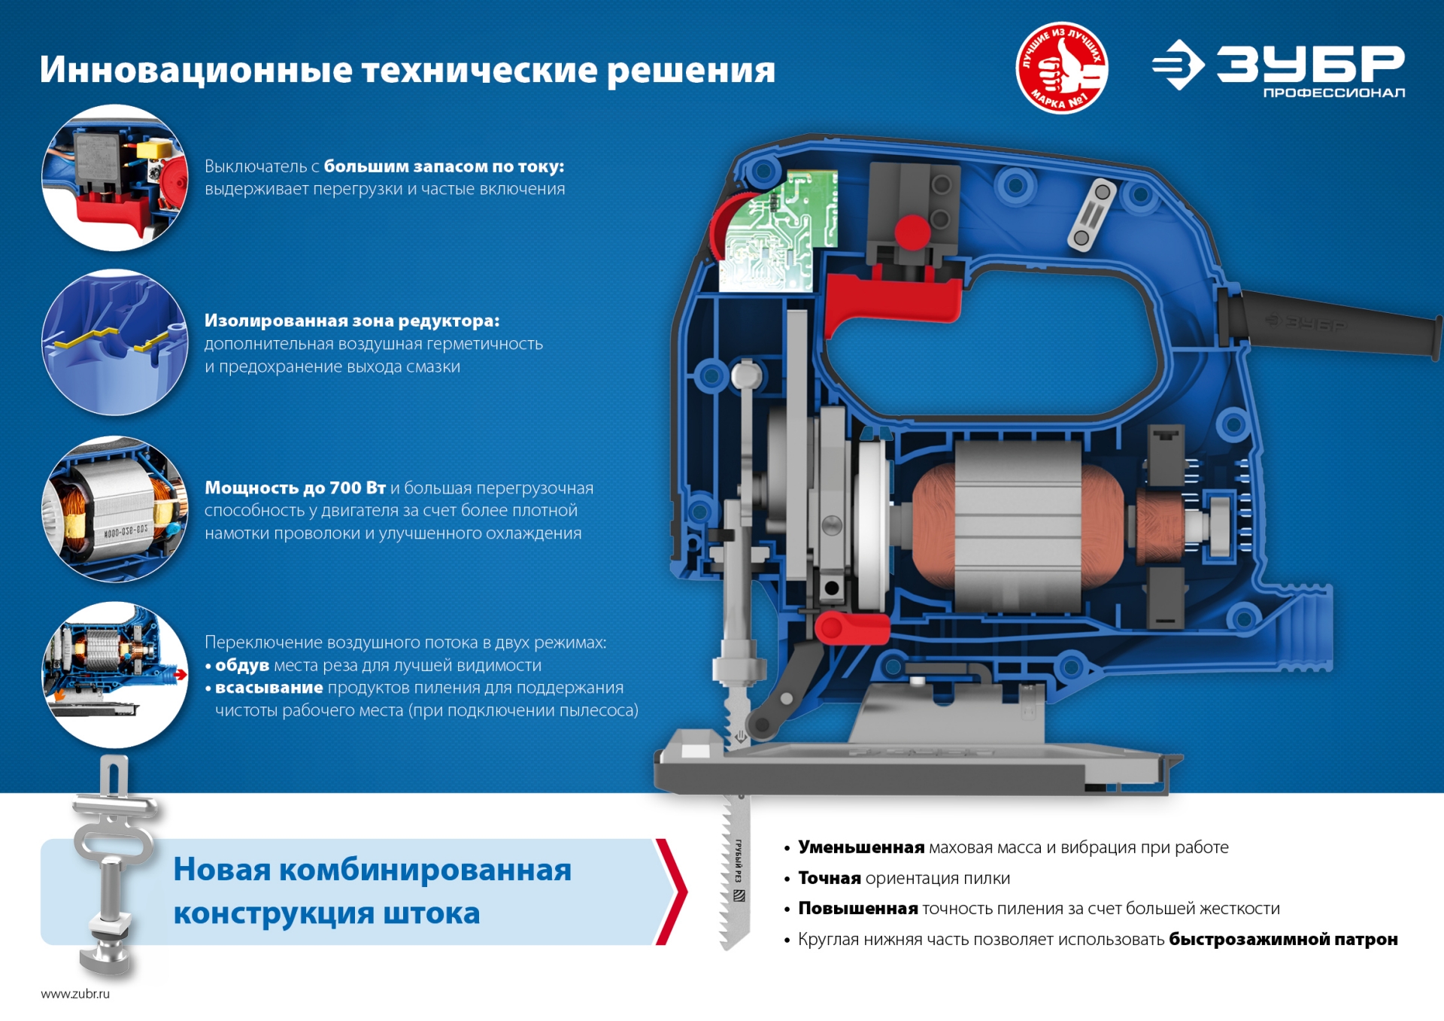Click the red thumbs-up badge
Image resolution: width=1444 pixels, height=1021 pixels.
coord(1061,68)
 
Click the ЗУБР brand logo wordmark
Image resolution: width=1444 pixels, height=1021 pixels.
coord(1309,63)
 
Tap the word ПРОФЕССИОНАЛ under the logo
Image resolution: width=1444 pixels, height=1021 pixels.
coord(1333,93)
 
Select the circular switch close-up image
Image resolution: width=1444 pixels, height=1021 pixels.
coord(115,178)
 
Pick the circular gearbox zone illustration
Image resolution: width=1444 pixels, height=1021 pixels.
coord(115,342)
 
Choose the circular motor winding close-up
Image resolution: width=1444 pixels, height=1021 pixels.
coord(115,509)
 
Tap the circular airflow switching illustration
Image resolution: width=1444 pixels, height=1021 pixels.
coord(115,674)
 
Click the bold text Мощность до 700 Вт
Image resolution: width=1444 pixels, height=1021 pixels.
coord(295,488)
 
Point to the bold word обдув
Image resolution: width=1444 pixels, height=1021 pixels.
coord(242,665)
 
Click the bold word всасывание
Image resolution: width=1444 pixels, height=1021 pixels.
coord(268,688)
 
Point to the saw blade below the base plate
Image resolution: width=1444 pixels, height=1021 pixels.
coord(735,873)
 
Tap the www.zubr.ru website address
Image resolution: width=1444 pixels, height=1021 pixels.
coord(75,993)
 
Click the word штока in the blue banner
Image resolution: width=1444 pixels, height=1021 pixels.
coord(431,913)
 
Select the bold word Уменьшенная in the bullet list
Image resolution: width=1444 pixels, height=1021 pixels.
coord(860,847)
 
